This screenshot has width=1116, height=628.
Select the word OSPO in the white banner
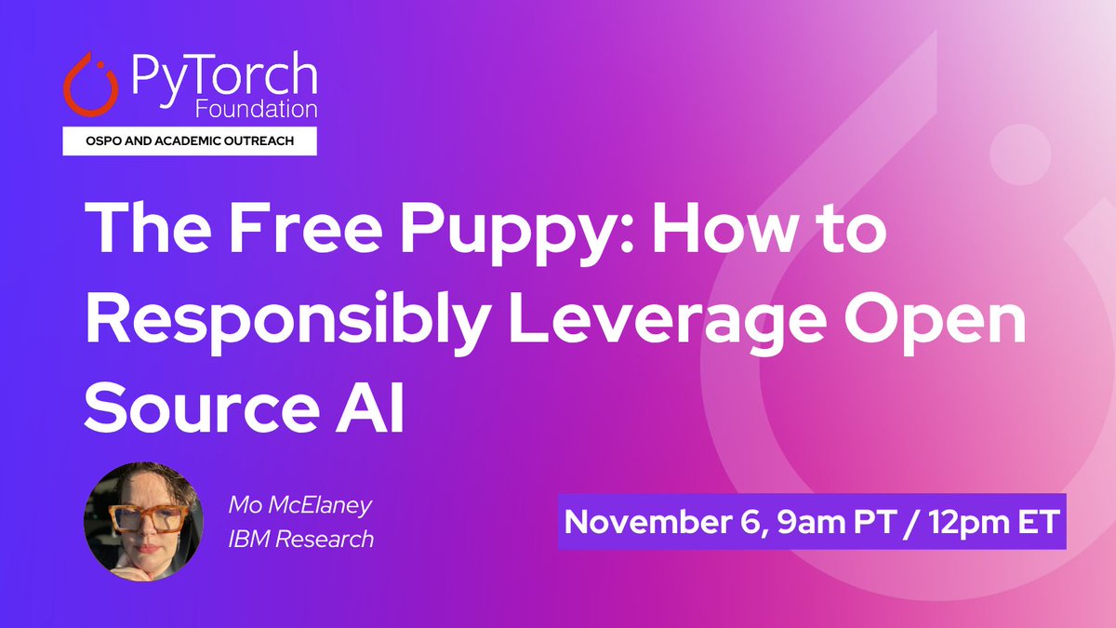tap(96, 141)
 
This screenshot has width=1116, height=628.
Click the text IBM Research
tap(301, 538)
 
